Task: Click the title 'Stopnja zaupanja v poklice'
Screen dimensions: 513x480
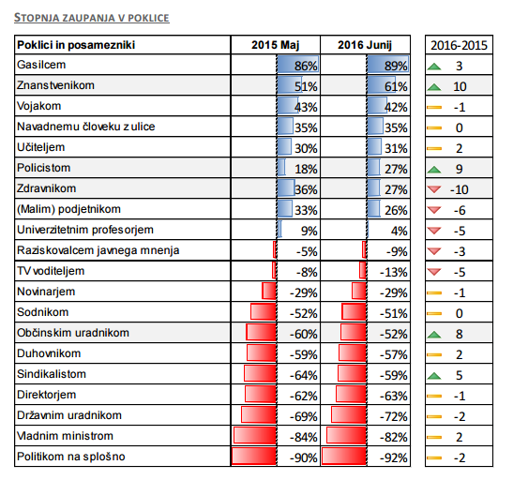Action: pos(92,18)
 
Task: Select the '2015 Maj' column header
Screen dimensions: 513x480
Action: pos(275,45)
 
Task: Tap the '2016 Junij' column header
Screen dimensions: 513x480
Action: pos(365,45)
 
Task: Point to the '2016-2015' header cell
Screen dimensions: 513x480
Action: pos(459,45)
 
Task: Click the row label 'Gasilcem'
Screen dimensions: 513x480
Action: pos(41,65)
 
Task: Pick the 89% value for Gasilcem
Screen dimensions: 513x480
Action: pos(396,66)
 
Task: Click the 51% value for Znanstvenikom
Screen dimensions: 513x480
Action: pos(306,86)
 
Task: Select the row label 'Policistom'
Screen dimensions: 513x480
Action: pos(43,168)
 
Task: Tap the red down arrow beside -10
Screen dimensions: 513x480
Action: pos(434,189)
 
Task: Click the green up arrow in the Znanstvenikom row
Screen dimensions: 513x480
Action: pos(434,86)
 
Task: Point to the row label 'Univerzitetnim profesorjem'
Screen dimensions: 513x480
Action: pos(85,230)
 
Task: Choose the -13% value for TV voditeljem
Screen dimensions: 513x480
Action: pos(394,272)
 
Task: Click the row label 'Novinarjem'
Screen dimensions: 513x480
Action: pos(46,292)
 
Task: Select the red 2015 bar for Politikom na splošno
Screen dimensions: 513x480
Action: pos(254,456)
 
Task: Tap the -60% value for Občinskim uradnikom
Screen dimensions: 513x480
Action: pos(304,334)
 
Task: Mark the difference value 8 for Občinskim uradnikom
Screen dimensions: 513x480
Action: pos(459,334)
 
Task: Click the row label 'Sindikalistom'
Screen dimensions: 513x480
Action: pos(52,374)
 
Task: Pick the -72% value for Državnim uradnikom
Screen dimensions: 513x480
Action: pos(394,416)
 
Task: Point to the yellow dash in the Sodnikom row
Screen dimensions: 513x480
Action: pos(434,313)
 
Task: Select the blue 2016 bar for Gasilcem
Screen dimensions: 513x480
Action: pos(387,64)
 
